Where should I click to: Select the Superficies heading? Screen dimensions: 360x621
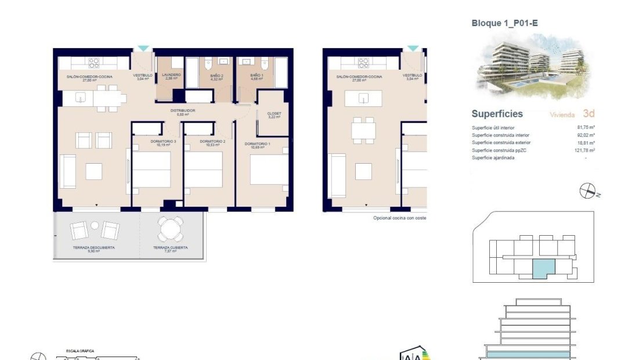pos(497,114)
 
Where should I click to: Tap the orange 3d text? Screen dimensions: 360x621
pos(588,114)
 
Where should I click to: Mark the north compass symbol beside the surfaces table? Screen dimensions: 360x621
pos(587,190)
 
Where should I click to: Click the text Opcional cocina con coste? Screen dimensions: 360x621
pos(399,218)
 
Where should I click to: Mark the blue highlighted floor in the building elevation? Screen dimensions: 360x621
pos(525,354)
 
